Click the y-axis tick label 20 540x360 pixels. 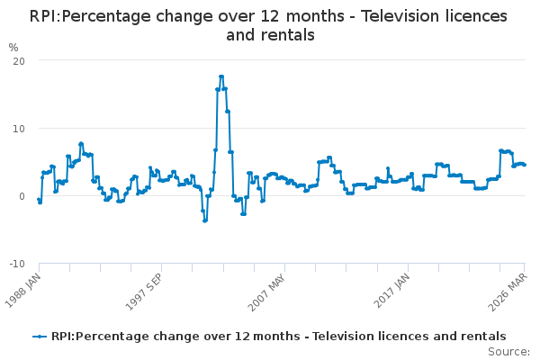coord(18,60)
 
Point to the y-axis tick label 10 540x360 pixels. coord(18,128)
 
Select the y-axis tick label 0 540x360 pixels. coord(21,196)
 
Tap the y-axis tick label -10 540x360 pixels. coord(16,264)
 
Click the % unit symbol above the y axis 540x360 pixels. coord(13,47)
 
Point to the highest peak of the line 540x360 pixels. coord(221,76)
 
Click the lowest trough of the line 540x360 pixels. coord(204,220)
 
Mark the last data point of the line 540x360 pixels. coord(525,165)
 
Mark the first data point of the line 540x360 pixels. coord(39,200)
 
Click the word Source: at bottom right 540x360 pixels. coord(508,351)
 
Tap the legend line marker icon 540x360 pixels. coord(40,337)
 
